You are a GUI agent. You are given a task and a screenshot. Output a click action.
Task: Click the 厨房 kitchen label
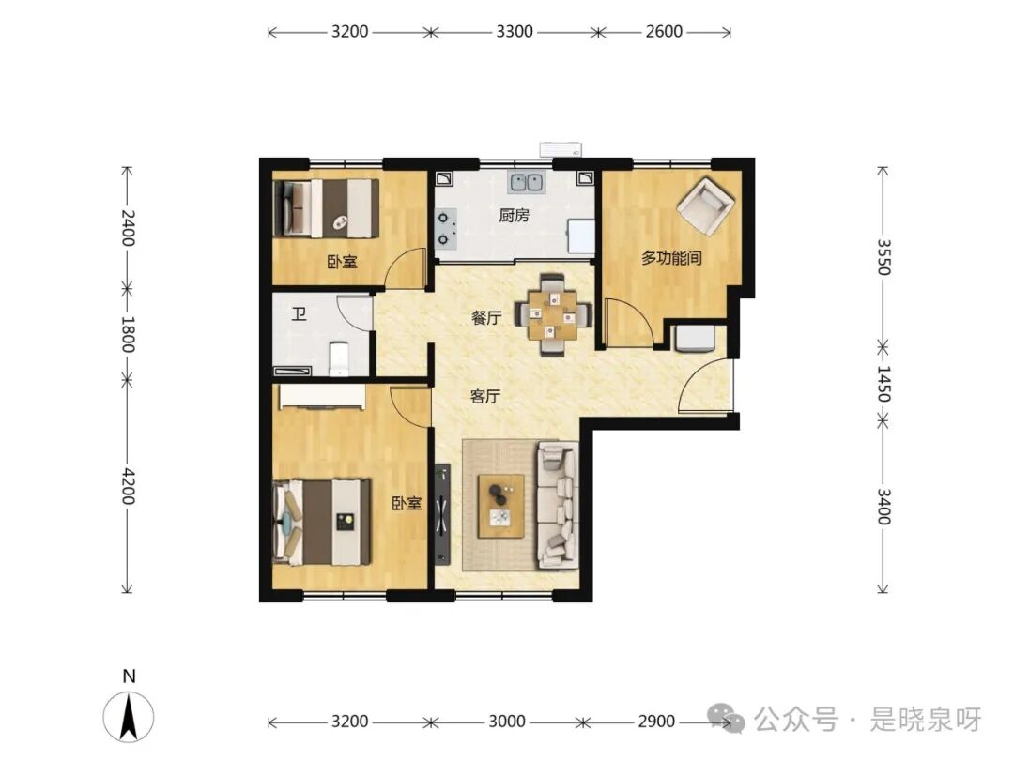tap(515, 215)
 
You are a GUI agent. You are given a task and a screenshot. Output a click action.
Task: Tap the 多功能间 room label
tap(671, 258)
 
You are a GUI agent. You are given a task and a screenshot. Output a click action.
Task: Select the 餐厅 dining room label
tap(486, 317)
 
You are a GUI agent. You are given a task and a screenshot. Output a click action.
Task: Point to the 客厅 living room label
tap(485, 396)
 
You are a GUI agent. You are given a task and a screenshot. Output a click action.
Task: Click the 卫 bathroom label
tap(299, 314)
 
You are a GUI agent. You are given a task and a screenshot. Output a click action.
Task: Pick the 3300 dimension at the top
tap(515, 31)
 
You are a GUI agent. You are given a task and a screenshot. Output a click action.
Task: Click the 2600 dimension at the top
tap(664, 31)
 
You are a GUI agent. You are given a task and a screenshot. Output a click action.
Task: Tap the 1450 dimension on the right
tap(883, 383)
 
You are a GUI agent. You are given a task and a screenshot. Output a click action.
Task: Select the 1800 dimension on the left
tap(128, 334)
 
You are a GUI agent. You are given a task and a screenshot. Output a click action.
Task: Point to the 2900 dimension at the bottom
tap(656, 722)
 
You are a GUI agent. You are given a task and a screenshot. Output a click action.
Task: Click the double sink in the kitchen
tap(526, 182)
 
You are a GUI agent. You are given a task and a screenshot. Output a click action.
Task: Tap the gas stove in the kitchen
tap(446, 229)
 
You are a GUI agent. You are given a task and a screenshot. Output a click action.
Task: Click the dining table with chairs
tap(553, 314)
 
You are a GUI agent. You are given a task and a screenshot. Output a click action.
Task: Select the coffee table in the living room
tap(500, 506)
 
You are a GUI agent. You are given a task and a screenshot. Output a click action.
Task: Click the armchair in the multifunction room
tap(705, 205)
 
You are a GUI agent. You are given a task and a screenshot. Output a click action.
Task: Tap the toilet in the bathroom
tap(340, 358)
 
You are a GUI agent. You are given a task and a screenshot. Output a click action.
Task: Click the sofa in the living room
tap(557, 505)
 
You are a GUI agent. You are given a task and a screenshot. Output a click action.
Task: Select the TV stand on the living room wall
tap(442, 514)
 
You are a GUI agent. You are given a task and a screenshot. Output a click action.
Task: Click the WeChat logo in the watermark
tap(726, 719)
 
